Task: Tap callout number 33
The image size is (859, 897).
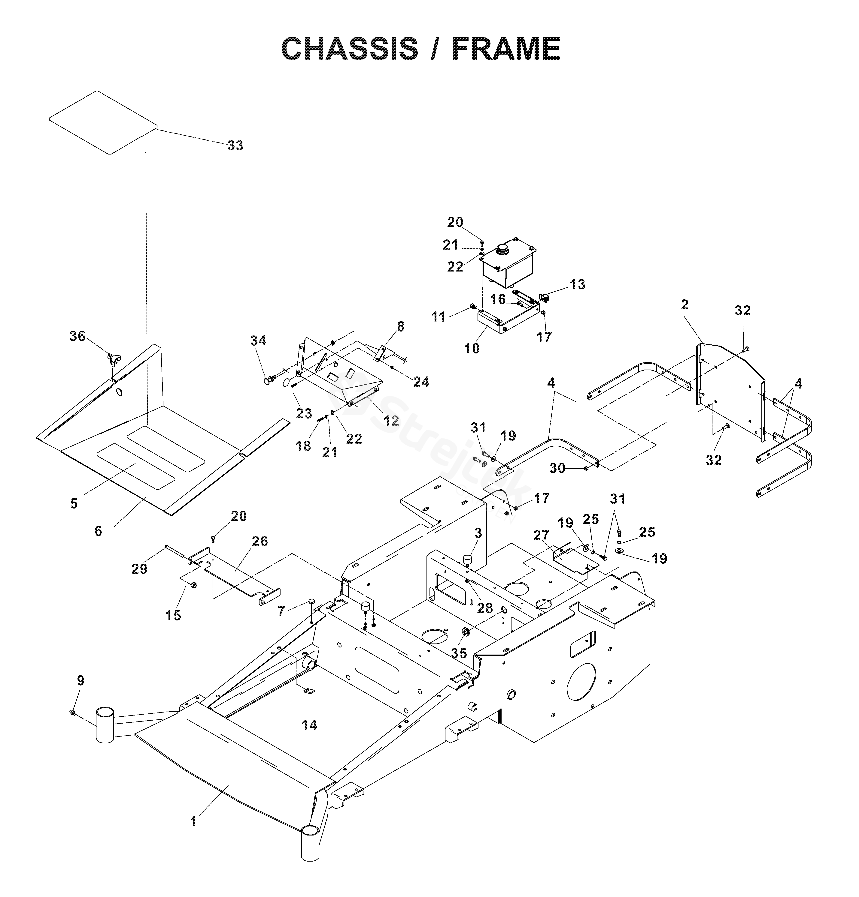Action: coord(235,145)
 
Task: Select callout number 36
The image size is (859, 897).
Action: coord(77,336)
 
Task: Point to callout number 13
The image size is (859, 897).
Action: coord(578,285)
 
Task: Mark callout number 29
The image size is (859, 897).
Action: coord(140,569)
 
